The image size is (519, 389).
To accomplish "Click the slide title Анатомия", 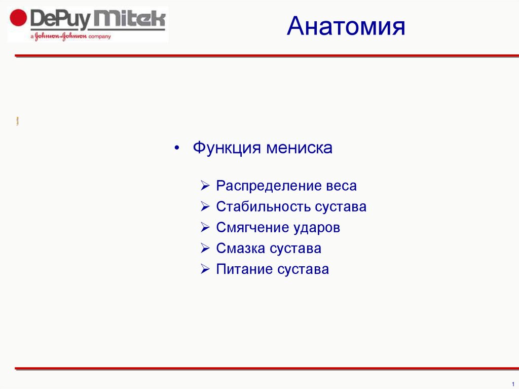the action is point(346,26).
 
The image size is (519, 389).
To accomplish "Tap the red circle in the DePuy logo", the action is point(18,18).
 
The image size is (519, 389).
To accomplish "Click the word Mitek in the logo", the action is point(129,19).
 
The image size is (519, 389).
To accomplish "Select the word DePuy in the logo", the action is point(61,20).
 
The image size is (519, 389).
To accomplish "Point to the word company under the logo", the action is point(100,37).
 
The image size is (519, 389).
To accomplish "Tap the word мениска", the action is point(299,148).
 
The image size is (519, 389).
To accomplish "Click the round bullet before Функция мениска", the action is point(177,148).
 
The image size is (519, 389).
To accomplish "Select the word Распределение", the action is point(269,186).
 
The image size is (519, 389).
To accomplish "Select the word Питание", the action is point(244,269).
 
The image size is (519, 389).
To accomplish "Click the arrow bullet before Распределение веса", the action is point(205,186).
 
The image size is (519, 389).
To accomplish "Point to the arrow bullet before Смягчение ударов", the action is point(205,227).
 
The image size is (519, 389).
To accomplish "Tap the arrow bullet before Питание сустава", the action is point(205,269).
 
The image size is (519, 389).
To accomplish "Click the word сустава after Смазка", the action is point(294,249).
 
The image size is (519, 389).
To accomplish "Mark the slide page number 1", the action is point(513,384).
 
